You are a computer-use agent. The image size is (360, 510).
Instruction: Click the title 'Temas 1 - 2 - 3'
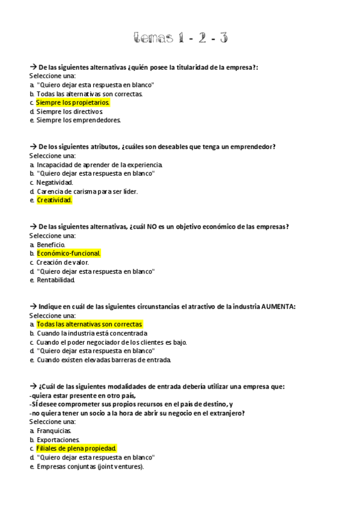coord(180,38)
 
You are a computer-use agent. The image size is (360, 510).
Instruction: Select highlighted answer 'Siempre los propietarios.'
coord(73,103)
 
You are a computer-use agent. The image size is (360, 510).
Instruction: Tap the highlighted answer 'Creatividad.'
coord(54,200)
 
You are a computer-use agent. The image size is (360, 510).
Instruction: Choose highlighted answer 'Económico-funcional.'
coord(69,253)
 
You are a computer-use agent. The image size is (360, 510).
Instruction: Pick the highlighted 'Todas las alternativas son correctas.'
coord(90,324)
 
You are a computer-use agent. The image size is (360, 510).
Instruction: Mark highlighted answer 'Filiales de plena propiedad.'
coord(76,449)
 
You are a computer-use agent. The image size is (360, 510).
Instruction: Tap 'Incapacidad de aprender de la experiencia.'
coord(99,165)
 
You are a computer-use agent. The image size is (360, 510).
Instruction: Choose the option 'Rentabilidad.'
coord(56,280)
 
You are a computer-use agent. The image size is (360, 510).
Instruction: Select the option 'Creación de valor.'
coord(63,262)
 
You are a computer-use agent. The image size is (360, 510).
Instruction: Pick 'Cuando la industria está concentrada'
coord(92,333)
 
